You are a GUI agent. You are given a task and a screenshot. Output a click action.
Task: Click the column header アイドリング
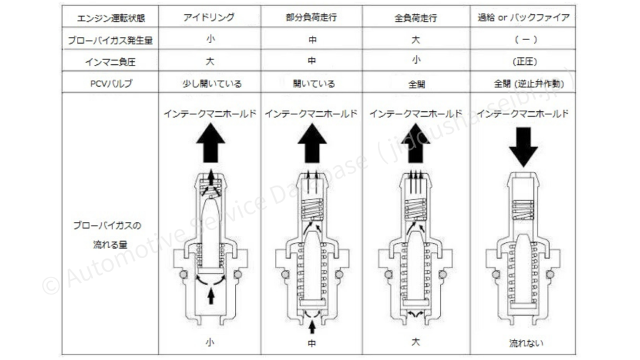pos(209,17)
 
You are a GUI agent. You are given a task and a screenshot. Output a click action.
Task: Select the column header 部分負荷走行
pos(311,17)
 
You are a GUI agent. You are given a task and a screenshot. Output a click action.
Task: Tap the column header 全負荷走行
pos(416,18)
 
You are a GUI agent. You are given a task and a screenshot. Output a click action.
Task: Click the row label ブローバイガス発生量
pos(110,41)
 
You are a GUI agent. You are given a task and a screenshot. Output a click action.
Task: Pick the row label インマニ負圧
pos(110,62)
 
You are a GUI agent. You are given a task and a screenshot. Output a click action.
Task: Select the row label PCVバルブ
pos(111,84)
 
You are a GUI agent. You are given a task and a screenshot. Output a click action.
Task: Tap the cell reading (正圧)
pos(525,62)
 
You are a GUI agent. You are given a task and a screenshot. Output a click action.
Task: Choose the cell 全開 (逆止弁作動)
pos(529,84)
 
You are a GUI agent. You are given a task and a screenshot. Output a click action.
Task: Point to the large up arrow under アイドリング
pos(211,143)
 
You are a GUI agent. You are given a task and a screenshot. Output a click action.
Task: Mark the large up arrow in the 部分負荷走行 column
pos(312,143)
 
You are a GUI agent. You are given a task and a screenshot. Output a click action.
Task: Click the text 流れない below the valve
pos(526,343)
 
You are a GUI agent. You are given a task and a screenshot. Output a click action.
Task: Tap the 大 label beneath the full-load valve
pos(416,342)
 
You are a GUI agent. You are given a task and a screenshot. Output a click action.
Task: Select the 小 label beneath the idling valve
pos(210,342)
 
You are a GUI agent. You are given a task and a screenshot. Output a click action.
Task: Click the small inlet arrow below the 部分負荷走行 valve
pos(312,327)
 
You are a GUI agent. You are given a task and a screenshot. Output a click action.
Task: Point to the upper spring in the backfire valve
pos(523,210)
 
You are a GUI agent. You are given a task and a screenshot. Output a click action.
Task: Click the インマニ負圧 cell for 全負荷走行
pos(416,60)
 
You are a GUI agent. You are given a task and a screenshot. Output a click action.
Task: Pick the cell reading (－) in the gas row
pos(526,39)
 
